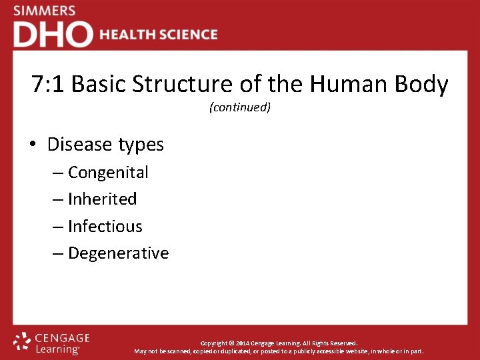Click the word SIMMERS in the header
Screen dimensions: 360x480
[44, 11]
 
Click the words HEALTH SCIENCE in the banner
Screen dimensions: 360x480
[159, 35]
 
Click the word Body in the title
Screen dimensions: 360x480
[422, 85]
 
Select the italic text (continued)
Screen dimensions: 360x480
[240, 107]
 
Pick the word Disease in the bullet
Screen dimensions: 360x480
[79, 145]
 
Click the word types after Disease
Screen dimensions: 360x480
[139, 145]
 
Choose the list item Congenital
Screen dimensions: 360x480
[108, 173]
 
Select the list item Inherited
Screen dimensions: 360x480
[102, 199]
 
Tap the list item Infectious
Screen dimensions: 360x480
[105, 227]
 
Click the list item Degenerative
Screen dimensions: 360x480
[118, 254]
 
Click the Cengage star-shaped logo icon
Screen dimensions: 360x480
[23, 342]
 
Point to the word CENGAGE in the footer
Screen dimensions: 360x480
[62, 338]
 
